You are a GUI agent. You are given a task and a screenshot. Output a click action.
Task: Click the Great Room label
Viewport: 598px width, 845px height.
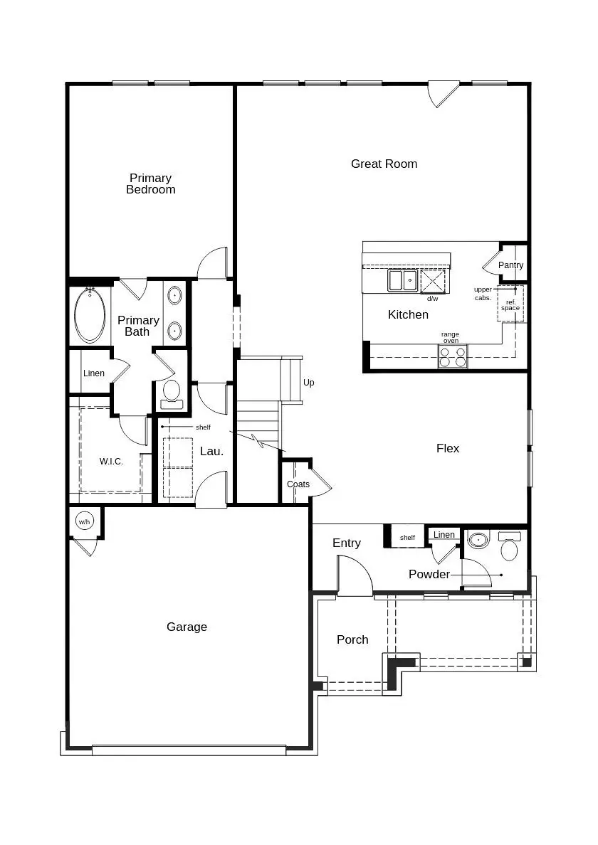click(x=384, y=164)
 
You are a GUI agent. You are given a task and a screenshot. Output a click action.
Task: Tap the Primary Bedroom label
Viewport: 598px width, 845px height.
click(x=150, y=184)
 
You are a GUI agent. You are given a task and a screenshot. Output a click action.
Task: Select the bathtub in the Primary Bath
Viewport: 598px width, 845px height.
click(x=90, y=315)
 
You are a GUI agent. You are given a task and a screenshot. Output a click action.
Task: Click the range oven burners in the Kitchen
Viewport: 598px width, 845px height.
click(x=453, y=356)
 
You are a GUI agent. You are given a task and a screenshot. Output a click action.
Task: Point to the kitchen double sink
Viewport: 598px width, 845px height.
click(x=402, y=281)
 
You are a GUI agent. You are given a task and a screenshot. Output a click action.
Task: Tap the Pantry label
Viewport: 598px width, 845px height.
click(x=510, y=265)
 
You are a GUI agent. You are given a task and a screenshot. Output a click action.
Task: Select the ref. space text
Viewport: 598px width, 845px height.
click(x=510, y=305)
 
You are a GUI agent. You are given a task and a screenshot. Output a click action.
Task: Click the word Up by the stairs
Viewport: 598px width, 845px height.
click(x=308, y=383)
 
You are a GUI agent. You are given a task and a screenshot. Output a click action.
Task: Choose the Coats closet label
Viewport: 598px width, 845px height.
click(x=298, y=484)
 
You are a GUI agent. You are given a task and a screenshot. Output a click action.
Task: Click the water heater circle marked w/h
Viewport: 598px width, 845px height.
click(x=85, y=522)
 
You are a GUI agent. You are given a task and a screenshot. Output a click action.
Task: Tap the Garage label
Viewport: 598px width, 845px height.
click(x=187, y=627)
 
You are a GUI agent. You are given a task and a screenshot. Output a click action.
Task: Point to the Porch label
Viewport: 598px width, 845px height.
click(x=352, y=639)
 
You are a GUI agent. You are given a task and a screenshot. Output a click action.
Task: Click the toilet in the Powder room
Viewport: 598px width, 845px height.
click(x=510, y=547)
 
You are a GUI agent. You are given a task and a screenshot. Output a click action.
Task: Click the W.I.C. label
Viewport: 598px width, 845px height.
click(x=111, y=462)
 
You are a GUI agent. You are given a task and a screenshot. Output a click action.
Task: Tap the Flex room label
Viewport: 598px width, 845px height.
click(x=448, y=448)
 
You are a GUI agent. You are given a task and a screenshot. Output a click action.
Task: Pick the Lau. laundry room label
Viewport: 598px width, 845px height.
click(x=211, y=451)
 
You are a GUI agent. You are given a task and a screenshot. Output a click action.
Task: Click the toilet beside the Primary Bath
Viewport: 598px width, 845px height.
click(x=172, y=393)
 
